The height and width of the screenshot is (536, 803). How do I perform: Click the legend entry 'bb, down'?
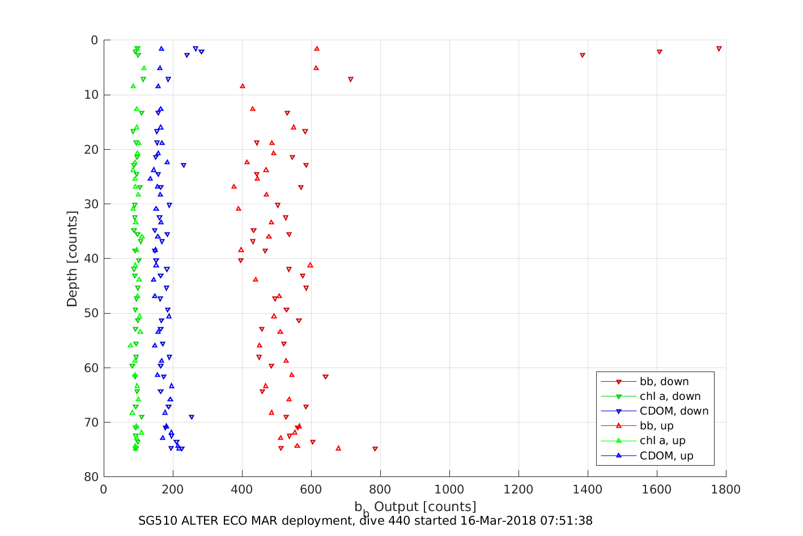pos(664,382)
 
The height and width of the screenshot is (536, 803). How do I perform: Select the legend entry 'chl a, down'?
pos(670,396)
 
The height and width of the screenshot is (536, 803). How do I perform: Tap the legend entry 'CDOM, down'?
pos(674,411)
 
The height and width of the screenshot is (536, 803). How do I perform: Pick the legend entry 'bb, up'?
pos(656,426)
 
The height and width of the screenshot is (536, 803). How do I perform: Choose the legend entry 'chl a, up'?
pos(662,441)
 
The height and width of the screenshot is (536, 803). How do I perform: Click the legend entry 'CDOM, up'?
pos(666,455)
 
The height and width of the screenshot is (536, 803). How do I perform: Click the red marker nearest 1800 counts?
pos(719,49)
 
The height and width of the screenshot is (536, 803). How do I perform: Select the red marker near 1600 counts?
pos(660,52)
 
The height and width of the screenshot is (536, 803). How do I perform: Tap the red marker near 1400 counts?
pos(583,55)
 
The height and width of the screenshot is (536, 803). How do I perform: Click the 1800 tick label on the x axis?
pos(726,489)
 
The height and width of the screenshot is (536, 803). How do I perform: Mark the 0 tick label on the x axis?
pos(104,489)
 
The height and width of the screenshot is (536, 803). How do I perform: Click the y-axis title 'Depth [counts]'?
pos(72,259)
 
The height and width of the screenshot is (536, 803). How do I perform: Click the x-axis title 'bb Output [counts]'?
pos(415,507)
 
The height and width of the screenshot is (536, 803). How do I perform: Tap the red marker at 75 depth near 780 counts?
pos(375,449)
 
